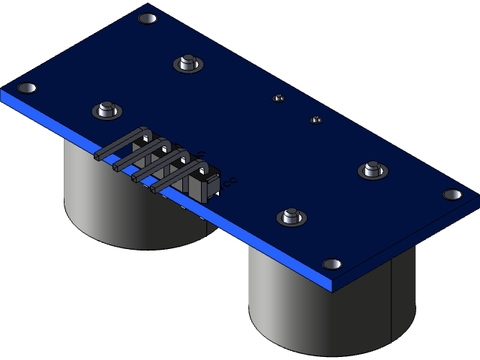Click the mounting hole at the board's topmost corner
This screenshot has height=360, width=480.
(148, 18)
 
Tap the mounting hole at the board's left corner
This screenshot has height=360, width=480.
(26, 88)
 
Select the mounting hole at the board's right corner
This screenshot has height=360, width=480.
(452, 194)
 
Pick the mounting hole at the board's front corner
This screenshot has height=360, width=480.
(331, 264)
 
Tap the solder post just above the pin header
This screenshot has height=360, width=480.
(107, 109)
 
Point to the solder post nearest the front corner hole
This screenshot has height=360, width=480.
(292, 216)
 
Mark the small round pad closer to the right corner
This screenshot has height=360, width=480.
(316, 119)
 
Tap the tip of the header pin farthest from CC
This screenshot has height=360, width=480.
(98, 156)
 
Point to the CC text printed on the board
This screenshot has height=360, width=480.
(230, 181)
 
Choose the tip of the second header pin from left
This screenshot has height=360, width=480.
(117, 167)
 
